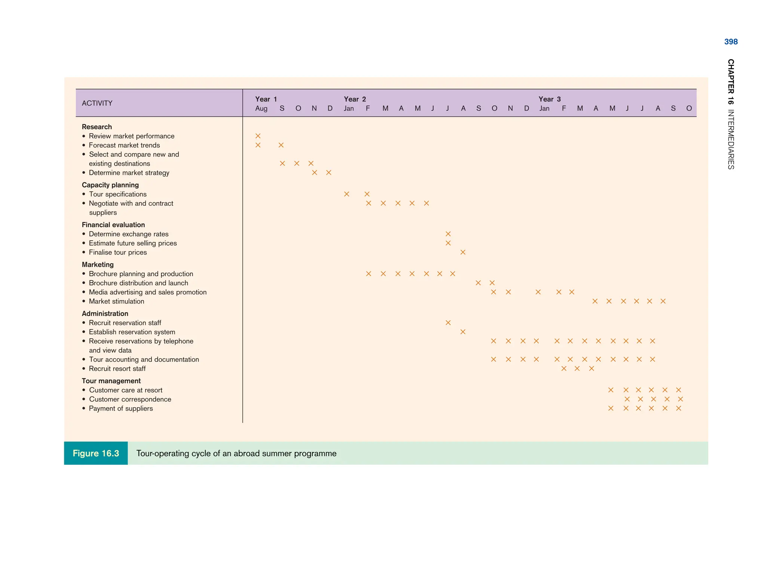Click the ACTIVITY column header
click(97, 103)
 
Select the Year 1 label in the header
click(266, 99)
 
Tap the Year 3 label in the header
click(549, 99)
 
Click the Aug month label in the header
click(261, 109)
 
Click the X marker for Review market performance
click(258, 136)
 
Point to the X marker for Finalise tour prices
click(463, 252)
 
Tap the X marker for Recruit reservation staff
click(448, 323)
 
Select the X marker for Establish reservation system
click(463, 332)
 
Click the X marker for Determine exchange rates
click(448, 234)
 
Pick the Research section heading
click(97, 127)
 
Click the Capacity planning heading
click(110, 185)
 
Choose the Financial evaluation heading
click(113, 225)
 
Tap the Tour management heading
click(111, 381)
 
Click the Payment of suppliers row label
click(121, 409)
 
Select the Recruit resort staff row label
click(117, 369)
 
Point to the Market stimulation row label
click(116, 301)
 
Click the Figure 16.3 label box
click(96, 453)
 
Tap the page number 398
click(731, 42)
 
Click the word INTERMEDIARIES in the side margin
click(731, 140)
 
